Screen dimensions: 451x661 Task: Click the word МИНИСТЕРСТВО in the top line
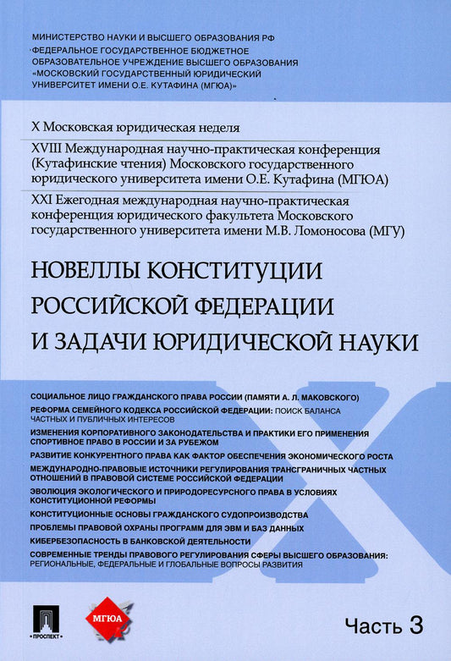[x=69, y=39]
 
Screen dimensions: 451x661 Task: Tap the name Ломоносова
[x=305, y=230]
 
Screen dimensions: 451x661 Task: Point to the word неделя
[x=217, y=128]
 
